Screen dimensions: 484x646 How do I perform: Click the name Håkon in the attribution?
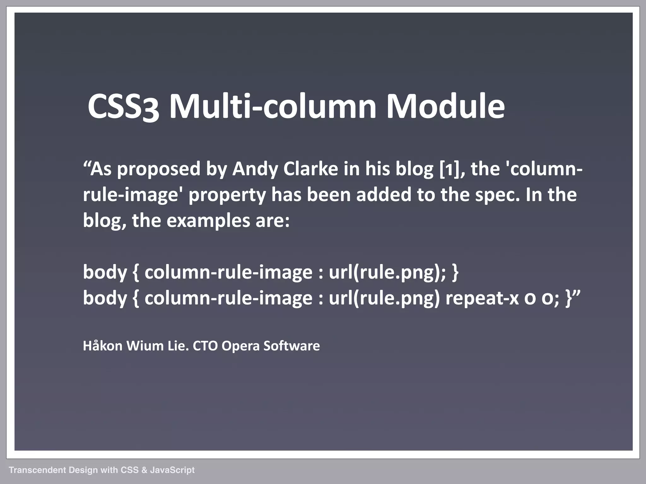pos(103,346)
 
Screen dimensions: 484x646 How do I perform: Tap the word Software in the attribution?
pos(291,346)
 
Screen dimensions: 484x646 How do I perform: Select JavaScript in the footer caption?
pos(172,470)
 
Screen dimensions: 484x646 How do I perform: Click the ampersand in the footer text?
pos(144,470)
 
